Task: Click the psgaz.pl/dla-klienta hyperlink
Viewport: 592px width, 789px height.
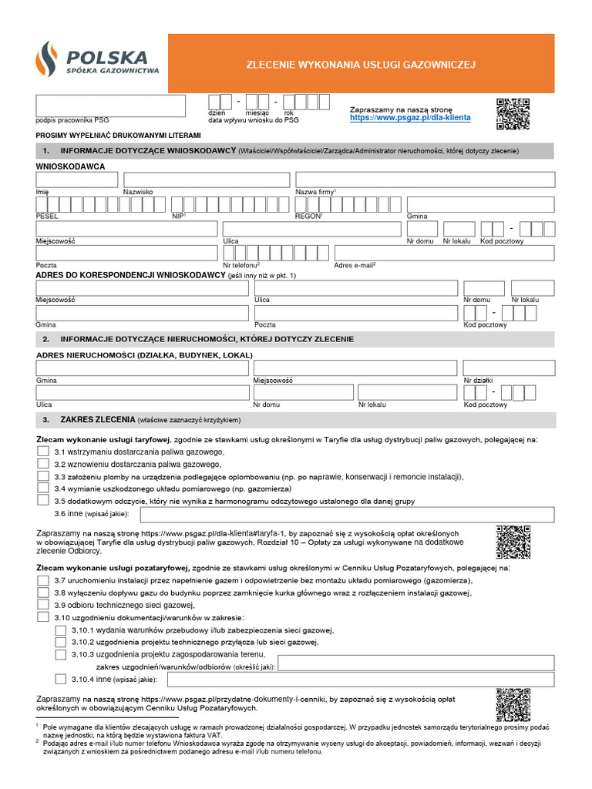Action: [x=409, y=119]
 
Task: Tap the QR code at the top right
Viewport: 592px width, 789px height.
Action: [x=513, y=115]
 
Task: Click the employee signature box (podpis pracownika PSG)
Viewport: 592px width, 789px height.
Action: [x=110, y=106]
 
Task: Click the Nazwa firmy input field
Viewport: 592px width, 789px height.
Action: [x=425, y=179]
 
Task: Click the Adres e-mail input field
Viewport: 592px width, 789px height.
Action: [x=444, y=253]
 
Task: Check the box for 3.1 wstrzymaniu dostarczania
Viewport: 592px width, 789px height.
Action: [x=43, y=451]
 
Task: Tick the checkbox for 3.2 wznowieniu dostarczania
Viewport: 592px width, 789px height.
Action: [x=43, y=464]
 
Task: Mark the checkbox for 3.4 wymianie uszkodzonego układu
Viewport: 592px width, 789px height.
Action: [x=43, y=489]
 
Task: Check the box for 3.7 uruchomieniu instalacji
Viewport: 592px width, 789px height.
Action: [x=43, y=579]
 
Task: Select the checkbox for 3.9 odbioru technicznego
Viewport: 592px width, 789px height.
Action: [x=43, y=604]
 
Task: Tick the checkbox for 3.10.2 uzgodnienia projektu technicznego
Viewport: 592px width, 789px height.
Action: [x=61, y=642]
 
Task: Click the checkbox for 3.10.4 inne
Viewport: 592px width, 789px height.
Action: [x=61, y=679]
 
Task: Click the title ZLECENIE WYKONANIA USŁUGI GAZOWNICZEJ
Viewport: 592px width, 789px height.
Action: [x=360, y=65]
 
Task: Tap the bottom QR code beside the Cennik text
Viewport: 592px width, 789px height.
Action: [x=513, y=704]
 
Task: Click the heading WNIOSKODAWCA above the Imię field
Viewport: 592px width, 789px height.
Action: [x=71, y=166]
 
